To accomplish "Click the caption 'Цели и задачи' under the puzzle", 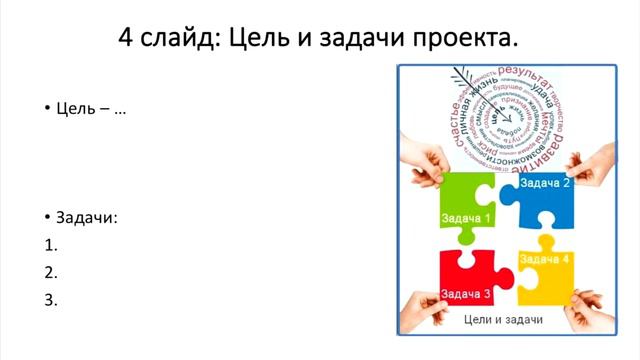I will (504, 320).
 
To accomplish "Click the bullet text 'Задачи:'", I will (86, 218).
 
